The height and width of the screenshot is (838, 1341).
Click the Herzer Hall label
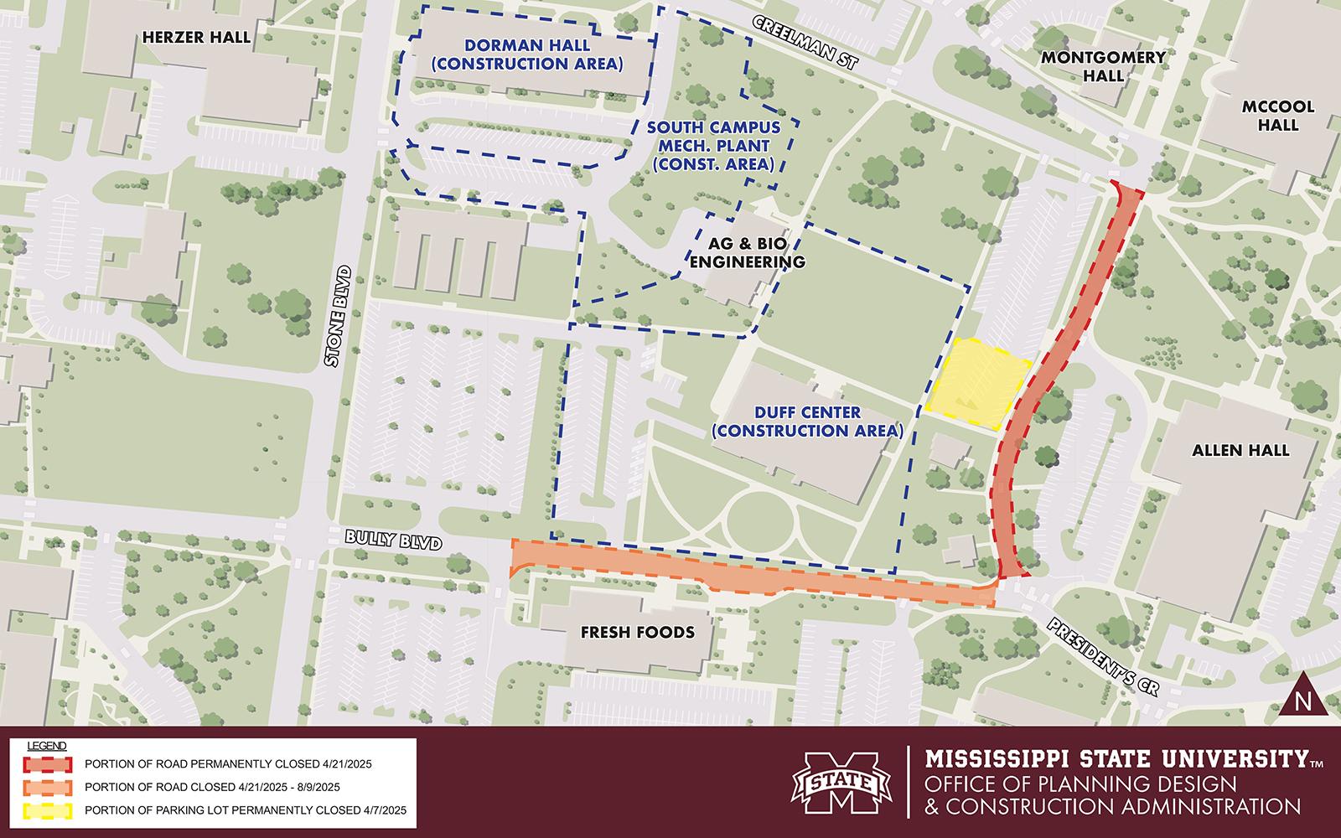197,37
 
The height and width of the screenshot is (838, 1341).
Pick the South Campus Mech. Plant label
713,146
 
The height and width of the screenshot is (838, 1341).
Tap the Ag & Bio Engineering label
755,253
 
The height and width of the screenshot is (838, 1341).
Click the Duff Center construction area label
806,422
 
